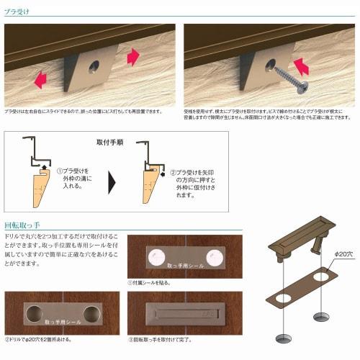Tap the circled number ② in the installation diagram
click(x=173, y=173)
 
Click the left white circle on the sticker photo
click(x=155, y=256)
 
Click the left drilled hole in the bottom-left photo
click(x=35, y=313)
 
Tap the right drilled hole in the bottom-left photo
click(x=91, y=313)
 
